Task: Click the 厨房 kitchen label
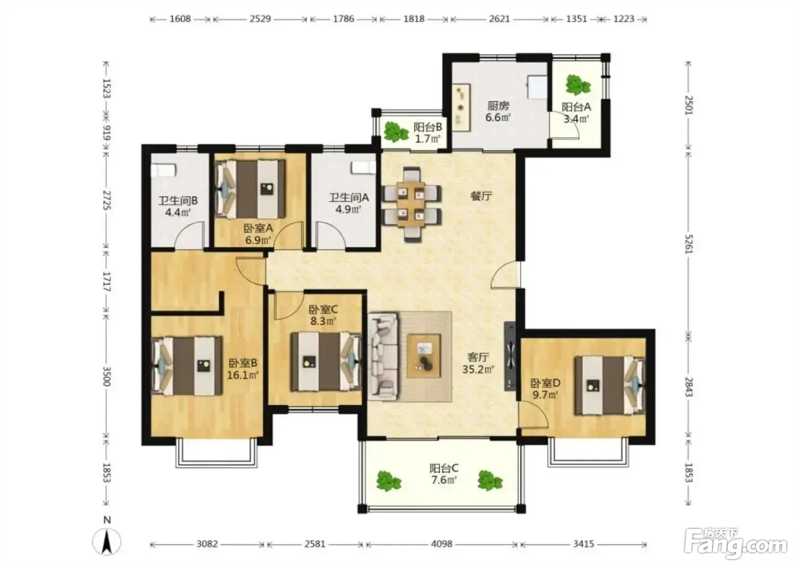[498, 106]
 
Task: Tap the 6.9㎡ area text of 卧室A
[258, 240]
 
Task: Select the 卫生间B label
[178, 200]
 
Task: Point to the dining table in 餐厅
[411, 204]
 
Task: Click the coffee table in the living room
[424, 356]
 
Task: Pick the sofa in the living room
[383, 356]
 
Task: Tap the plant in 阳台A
[577, 85]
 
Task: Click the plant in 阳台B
[395, 132]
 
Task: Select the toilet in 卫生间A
[363, 168]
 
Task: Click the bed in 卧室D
[610, 385]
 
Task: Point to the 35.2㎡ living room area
[478, 369]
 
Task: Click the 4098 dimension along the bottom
[442, 544]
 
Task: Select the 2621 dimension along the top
[499, 19]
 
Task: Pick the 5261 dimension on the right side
[689, 244]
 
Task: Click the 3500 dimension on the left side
[106, 376]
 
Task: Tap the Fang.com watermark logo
[736, 544]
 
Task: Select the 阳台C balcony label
[443, 468]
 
